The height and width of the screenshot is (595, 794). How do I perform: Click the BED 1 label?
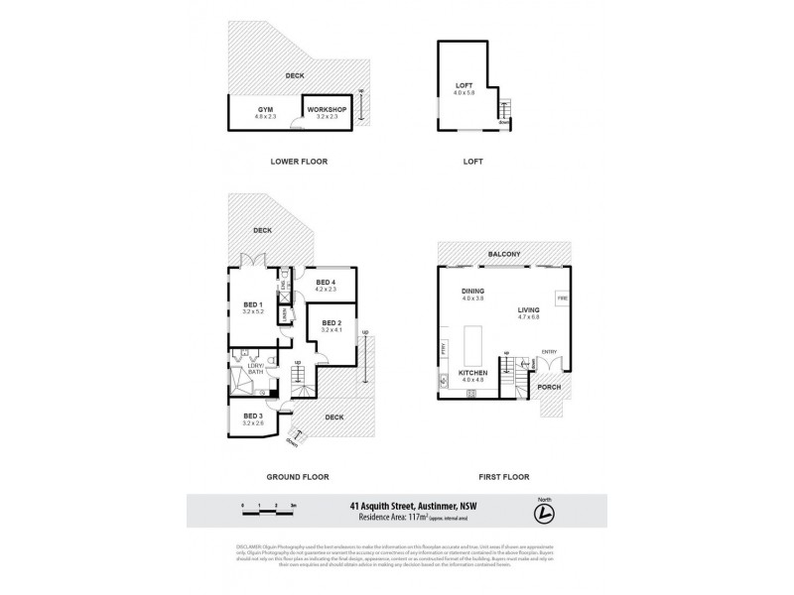point(252,304)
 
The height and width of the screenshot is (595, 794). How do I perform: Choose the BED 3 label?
point(252,416)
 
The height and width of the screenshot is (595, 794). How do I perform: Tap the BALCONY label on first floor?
point(504,255)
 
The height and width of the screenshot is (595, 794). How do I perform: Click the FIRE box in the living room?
point(562,297)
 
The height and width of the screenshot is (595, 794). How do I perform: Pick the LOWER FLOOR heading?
point(299,161)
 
